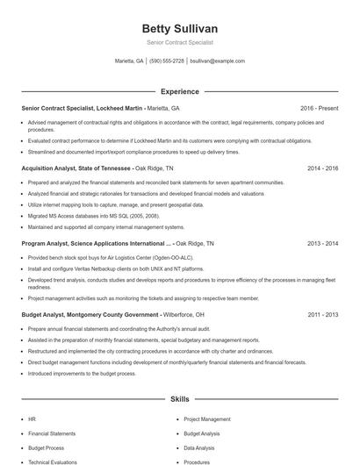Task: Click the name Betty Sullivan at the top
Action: (179, 27)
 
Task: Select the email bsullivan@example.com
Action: (217, 61)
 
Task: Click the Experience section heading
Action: (179, 91)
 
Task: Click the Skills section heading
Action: (179, 398)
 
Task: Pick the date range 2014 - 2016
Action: (322, 168)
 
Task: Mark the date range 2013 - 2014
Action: (322, 242)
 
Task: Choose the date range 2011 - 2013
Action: (322, 313)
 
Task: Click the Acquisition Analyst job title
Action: (54, 168)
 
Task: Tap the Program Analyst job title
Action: (50, 242)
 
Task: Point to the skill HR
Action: (32, 419)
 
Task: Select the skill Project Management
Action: (207, 419)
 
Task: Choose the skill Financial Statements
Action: (51, 433)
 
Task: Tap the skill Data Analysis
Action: (199, 447)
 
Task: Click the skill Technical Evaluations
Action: (53, 461)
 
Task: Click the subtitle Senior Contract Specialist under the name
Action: (179, 42)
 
